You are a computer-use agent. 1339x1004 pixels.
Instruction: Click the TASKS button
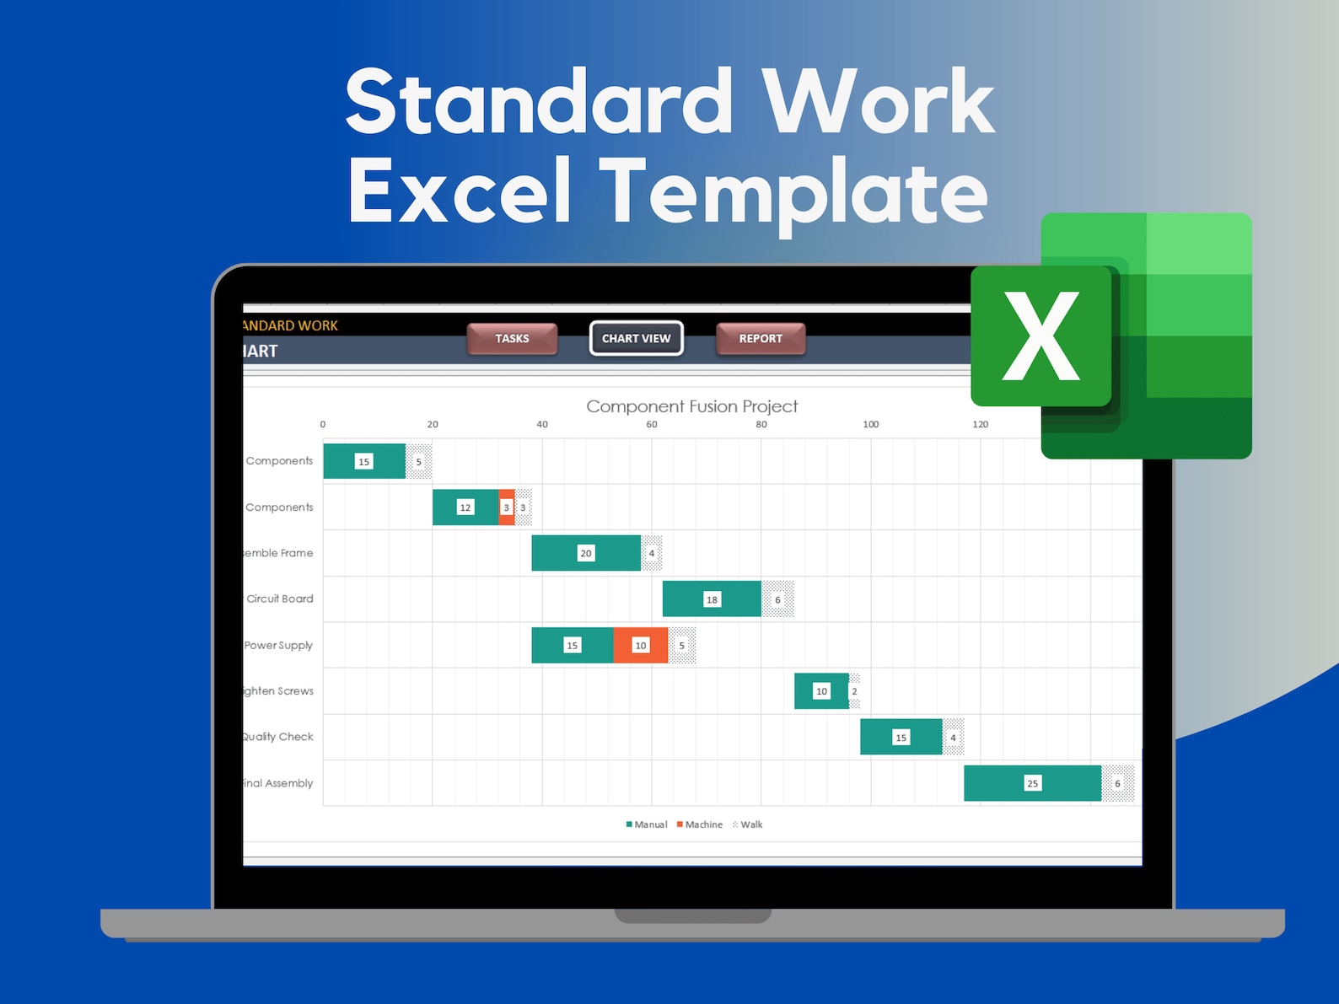512,338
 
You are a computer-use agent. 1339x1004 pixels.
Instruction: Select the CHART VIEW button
636,338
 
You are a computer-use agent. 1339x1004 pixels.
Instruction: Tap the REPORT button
761,338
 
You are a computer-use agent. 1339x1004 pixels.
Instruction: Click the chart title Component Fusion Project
691,406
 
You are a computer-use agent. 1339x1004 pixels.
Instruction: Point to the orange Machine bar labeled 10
641,645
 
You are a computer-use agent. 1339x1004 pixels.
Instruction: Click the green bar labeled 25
1032,783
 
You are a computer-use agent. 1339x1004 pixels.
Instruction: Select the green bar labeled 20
585,553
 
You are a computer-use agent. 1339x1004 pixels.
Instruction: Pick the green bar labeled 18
712,599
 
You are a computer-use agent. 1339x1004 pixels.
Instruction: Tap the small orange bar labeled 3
507,507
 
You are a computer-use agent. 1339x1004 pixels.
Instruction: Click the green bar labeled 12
465,507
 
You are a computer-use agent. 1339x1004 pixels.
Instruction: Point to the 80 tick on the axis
761,424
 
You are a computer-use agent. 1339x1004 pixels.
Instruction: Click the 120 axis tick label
980,424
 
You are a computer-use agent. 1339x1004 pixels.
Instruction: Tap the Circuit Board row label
279,599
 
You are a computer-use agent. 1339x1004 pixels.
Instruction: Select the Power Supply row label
278,645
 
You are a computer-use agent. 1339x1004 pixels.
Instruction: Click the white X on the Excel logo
1041,336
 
